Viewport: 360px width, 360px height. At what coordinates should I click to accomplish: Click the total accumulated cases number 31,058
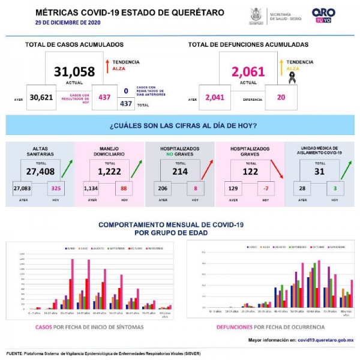pyautogui.click(x=74, y=72)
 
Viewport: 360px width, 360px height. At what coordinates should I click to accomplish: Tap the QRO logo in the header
pyautogui.click(x=323, y=14)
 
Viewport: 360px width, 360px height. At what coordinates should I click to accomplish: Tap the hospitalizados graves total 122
pyautogui.click(x=248, y=171)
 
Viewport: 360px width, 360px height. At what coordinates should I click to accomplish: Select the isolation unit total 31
pyautogui.click(x=318, y=171)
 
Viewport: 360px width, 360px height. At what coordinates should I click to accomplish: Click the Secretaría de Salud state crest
pyautogui.click(x=256, y=14)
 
